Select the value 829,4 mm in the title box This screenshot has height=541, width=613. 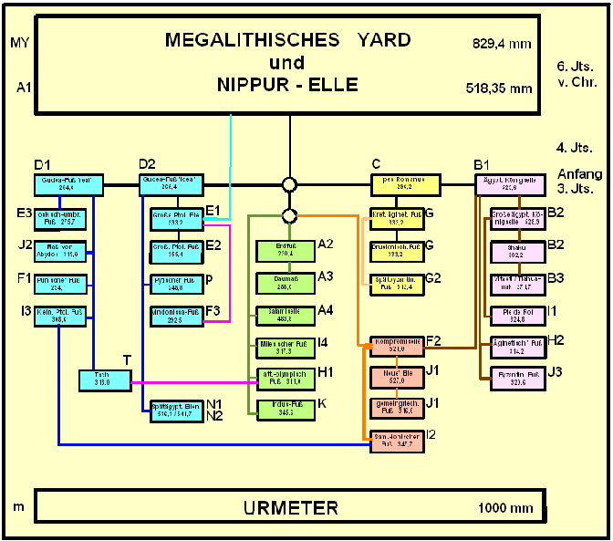(502, 43)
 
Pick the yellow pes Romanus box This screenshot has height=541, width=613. (405, 185)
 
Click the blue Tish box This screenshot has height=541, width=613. (107, 380)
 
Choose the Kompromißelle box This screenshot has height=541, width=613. (397, 348)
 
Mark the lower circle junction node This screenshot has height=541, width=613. (290, 216)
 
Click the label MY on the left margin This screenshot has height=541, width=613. (20, 42)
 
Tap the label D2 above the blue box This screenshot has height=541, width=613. (147, 164)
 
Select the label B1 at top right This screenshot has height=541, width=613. (483, 164)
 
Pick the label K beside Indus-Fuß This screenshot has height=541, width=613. (322, 402)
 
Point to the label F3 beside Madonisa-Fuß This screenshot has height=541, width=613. (213, 311)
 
